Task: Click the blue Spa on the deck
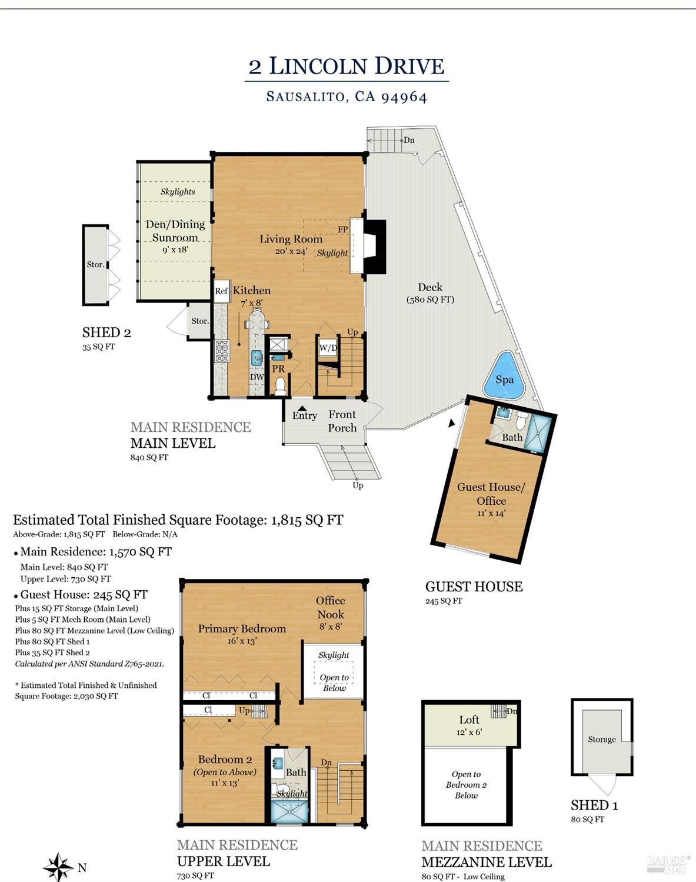(504, 377)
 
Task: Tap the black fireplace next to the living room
(375, 247)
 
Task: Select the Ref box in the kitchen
(221, 291)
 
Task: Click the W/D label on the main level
(328, 348)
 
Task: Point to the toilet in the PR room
(280, 385)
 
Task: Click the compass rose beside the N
(58, 867)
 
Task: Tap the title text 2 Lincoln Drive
(347, 66)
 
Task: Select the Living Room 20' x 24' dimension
(291, 251)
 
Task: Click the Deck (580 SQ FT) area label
(431, 292)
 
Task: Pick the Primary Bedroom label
(242, 629)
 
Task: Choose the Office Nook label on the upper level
(331, 607)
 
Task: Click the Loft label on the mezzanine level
(469, 720)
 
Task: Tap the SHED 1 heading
(594, 806)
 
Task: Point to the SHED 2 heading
(106, 332)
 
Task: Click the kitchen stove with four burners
(222, 351)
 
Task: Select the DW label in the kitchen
(257, 377)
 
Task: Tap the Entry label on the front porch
(305, 415)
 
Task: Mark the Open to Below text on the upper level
(335, 683)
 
